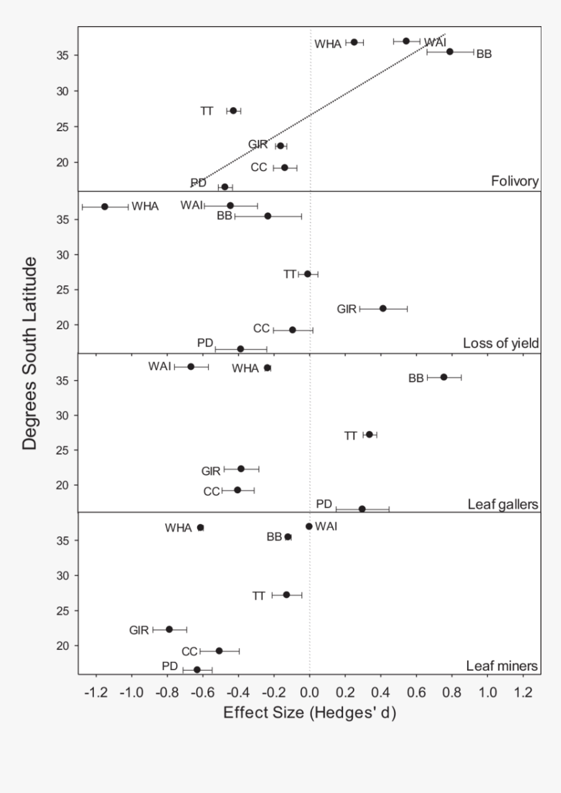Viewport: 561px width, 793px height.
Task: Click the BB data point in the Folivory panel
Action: (x=449, y=52)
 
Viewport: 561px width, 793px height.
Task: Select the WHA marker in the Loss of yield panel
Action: (x=104, y=206)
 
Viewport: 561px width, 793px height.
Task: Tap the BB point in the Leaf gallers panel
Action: (x=444, y=377)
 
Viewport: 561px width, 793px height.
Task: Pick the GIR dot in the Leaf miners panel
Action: (x=169, y=629)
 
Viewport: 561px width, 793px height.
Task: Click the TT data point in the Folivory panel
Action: (x=233, y=111)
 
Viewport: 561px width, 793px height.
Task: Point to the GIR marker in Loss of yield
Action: (x=383, y=308)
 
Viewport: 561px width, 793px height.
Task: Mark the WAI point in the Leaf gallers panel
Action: (x=190, y=366)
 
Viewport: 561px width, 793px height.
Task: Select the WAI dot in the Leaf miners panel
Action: (x=309, y=526)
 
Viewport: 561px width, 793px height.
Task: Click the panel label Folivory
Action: (x=515, y=181)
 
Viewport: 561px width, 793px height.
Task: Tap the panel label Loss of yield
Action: (x=500, y=343)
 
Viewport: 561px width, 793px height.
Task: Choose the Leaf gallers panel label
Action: (x=502, y=504)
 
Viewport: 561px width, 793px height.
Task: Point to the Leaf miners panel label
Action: (x=502, y=666)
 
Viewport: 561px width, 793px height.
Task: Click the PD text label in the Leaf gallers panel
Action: (x=324, y=504)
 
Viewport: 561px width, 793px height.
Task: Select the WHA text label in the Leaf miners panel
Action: (x=179, y=528)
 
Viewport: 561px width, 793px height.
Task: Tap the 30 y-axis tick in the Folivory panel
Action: (x=64, y=91)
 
